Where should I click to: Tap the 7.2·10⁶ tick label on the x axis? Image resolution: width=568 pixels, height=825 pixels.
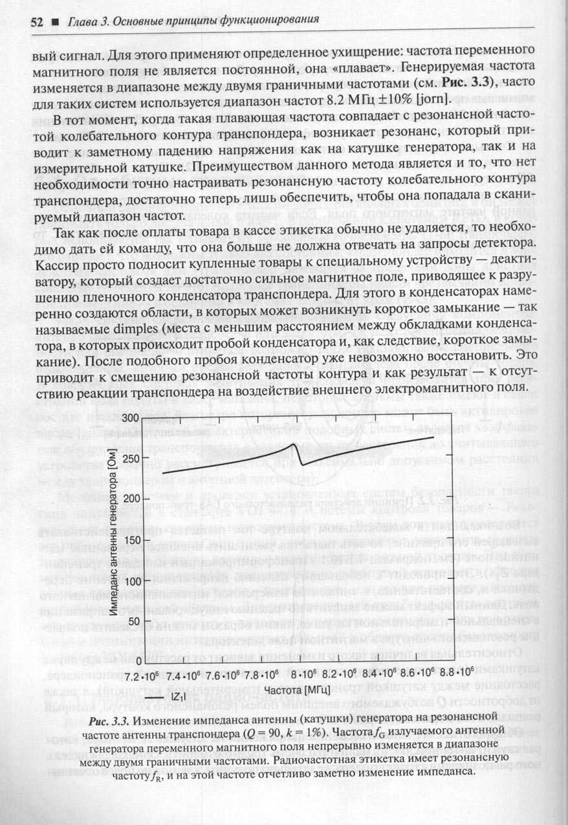142,676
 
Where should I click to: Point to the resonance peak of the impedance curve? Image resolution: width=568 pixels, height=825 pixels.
295,445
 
